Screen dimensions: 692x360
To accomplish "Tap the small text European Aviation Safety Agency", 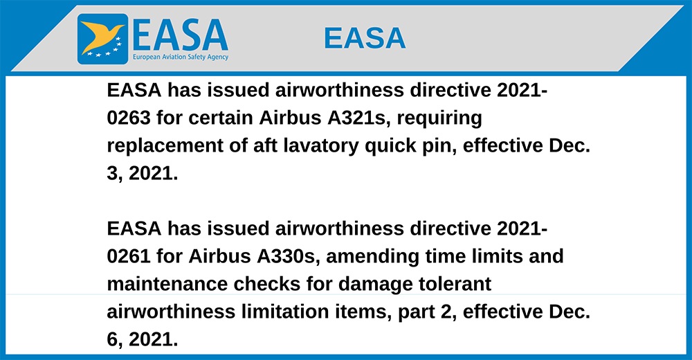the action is click(x=181, y=57).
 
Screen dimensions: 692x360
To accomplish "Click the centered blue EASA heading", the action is click(x=365, y=38).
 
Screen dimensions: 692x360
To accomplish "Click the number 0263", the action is click(x=129, y=118).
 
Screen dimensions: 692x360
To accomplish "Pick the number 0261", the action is click(x=129, y=256).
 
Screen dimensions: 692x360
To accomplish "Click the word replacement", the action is click(x=165, y=146).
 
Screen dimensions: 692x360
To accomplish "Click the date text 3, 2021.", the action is click(x=143, y=174).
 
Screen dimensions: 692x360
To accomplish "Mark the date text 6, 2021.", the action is click(x=143, y=340).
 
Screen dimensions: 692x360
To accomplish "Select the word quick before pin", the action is click(x=390, y=146).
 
